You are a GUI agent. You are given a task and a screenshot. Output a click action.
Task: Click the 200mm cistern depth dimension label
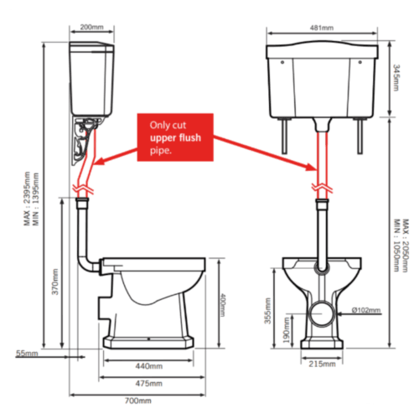coord(92,27)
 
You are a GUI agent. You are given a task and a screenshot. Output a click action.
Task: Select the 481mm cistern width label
coord(322,28)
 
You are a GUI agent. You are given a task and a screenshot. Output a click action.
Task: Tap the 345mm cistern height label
coord(396,78)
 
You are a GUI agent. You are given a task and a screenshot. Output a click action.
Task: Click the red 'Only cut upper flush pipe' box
coord(175,137)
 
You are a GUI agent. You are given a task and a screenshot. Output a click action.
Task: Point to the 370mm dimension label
coord(55,282)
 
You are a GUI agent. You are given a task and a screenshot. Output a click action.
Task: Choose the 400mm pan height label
coord(222,305)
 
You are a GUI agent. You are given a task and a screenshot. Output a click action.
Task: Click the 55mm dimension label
coord(27,353)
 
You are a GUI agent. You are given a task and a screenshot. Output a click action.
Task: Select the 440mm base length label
coord(149,366)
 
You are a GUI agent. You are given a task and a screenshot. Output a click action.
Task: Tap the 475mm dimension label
coord(149,383)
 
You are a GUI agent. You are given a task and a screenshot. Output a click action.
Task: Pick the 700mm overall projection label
coord(138,401)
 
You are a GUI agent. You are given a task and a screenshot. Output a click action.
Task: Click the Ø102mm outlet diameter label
coord(366,310)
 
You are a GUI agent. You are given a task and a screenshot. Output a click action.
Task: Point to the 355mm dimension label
coord(267,311)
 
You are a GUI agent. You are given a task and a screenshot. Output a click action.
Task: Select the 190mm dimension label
coord(286,331)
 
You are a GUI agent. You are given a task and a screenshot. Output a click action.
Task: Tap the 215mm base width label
coord(322,364)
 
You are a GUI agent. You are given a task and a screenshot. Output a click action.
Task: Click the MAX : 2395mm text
coord(27,199)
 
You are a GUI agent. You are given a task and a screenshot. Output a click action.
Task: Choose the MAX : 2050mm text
coord(406,246)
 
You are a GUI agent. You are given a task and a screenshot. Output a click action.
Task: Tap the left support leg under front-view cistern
coord(284,137)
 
